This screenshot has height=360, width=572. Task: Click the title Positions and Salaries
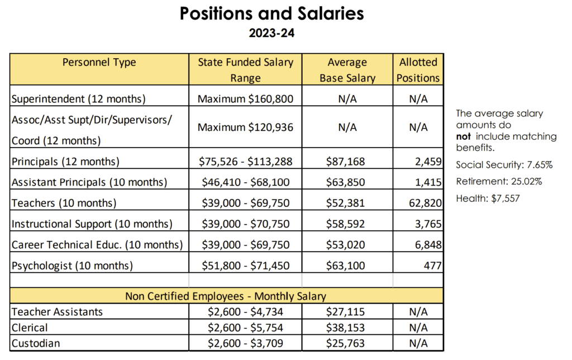coord(272,13)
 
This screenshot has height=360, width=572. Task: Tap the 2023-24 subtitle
coord(272,33)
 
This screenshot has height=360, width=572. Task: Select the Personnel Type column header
coord(99,63)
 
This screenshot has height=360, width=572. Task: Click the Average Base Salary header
coord(347,70)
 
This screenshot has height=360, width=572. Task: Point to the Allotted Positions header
coord(418,70)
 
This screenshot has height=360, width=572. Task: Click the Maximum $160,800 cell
coord(246,99)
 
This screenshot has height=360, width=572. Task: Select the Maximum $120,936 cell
coord(246,127)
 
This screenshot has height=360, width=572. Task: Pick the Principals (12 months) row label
coord(66,162)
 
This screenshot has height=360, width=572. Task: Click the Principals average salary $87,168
coord(345,162)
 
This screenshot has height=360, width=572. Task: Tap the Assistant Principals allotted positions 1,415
coord(428,182)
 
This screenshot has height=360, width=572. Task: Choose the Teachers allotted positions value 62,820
coord(425,203)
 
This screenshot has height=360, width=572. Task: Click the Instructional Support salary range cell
coord(246,224)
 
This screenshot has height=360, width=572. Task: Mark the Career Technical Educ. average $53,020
coord(345,245)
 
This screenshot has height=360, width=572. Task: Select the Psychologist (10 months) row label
coord(72,266)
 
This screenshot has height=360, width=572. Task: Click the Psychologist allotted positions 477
coord(433,266)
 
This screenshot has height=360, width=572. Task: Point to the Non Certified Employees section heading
coord(226,296)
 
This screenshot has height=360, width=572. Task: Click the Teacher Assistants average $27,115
coord(345,312)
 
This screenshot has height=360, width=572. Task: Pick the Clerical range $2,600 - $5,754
coord(246,328)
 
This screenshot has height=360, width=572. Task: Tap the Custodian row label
coord(36,344)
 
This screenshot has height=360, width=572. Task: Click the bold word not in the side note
coord(463,136)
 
